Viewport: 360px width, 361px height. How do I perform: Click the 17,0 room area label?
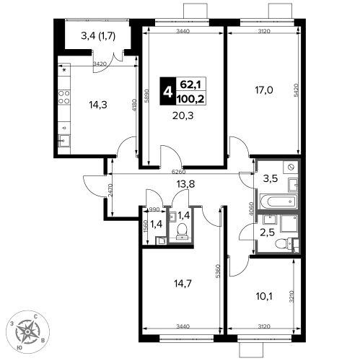[264, 90]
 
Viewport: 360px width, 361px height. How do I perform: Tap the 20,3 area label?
[183, 116]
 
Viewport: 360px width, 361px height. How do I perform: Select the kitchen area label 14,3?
[98, 105]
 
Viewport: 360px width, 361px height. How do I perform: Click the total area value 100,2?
[190, 99]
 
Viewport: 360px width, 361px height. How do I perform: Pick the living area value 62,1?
[190, 84]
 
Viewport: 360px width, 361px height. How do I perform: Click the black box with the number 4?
[168, 91]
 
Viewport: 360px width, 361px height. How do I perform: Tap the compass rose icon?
[27, 332]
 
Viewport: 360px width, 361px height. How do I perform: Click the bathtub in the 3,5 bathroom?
[278, 201]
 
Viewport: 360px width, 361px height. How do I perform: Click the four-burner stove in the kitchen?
[64, 97]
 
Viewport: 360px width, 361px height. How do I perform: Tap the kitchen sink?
[63, 141]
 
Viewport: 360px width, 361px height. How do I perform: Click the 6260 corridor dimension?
[179, 172]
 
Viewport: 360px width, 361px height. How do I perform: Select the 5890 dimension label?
[147, 96]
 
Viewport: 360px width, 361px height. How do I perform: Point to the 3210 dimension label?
[291, 297]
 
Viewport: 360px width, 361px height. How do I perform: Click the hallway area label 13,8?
[185, 184]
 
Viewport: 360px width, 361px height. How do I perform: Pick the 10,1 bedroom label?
[264, 297]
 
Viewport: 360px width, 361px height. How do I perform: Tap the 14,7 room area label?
[183, 284]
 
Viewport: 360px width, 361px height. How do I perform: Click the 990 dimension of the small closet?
[154, 209]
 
